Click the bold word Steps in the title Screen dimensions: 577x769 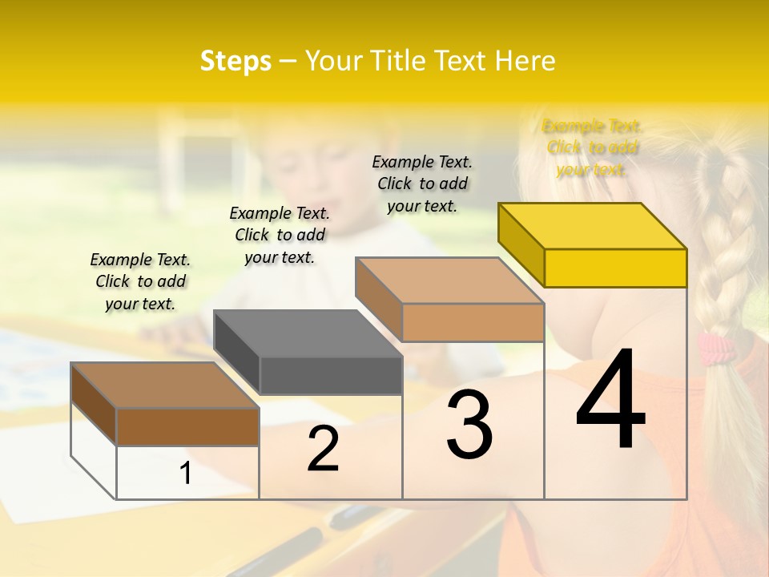pyautogui.click(x=236, y=61)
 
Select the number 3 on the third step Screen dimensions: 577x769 pyautogui.click(x=469, y=424)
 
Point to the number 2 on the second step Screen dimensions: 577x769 pyautogui.click(x=323, y=450)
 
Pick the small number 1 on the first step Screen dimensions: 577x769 pyautogui.click(x=186, y=474)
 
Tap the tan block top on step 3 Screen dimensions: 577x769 pyautogui.click(x=449, y=280)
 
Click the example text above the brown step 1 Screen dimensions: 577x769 pyautogui.click(x=140, y=281)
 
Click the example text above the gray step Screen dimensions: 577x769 pyautogui.click(x=280, y=235)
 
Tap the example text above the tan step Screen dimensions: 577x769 pyautogui.click(x=422, y=184)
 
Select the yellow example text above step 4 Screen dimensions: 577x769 pyautogui.click(x=591, y=147)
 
